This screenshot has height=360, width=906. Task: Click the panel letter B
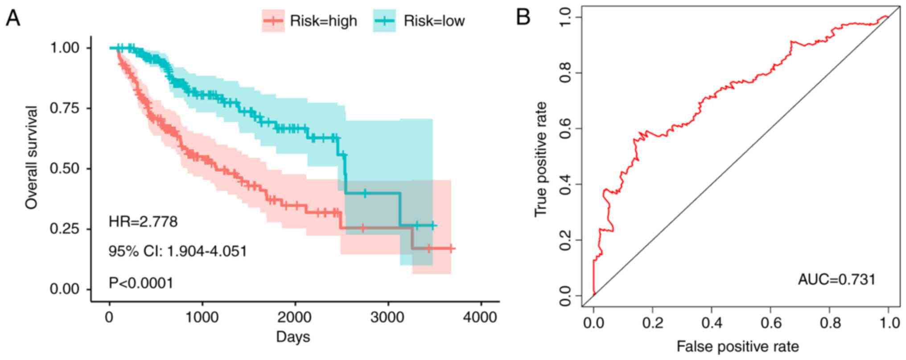(x=523, y=18)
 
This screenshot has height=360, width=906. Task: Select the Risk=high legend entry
(x=309, y=21)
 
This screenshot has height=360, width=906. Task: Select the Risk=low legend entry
(x=419, y=21)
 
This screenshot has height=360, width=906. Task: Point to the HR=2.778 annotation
(x=143, y=221)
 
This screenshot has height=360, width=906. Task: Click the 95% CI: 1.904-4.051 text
(x=177, y=251)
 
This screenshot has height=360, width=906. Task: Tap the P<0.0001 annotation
(x=141, y=283)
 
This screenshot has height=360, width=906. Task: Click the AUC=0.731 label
(x=836, y=280)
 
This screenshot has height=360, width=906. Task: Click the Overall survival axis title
(x=31, y=157)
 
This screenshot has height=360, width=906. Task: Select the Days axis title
(x=293, y=337)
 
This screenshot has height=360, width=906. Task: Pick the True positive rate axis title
(x=540, y=159)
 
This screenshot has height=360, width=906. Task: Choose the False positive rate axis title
(x=737, y=346)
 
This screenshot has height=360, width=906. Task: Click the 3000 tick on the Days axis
(x=388, y=318)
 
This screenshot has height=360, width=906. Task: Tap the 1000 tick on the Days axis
(x=202, y=318)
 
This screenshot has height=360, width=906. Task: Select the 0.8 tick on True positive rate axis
(x=565, y=73)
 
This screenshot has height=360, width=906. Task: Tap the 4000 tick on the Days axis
(x=480, y=318)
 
